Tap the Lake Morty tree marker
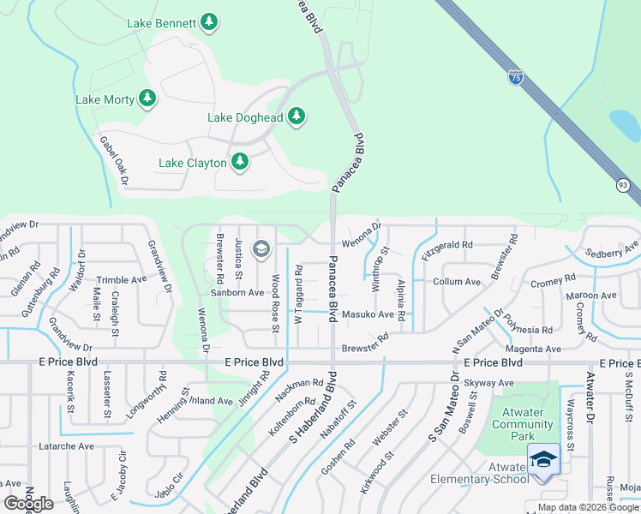point(148,99)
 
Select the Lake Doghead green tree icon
point(297,117)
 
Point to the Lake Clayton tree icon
point(240,162)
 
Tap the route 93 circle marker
point(622,185)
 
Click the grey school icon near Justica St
point(261,249)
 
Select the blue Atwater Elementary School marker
point(543,461)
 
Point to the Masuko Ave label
point(368,315)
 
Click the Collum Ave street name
point(457,282)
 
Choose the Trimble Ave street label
point(121,280)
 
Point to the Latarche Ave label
point(67,446)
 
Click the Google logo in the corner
point(29,504)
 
